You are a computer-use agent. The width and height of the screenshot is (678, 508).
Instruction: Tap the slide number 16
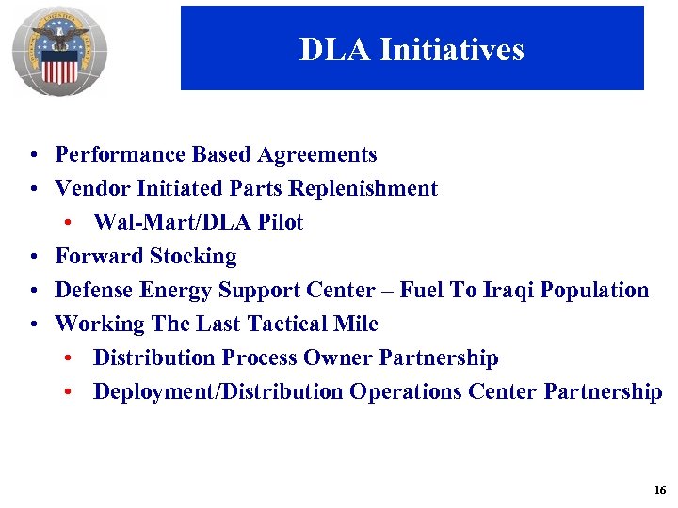click(658, 491)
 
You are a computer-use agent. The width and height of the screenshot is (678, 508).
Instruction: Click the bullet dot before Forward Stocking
click(33, 257)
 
